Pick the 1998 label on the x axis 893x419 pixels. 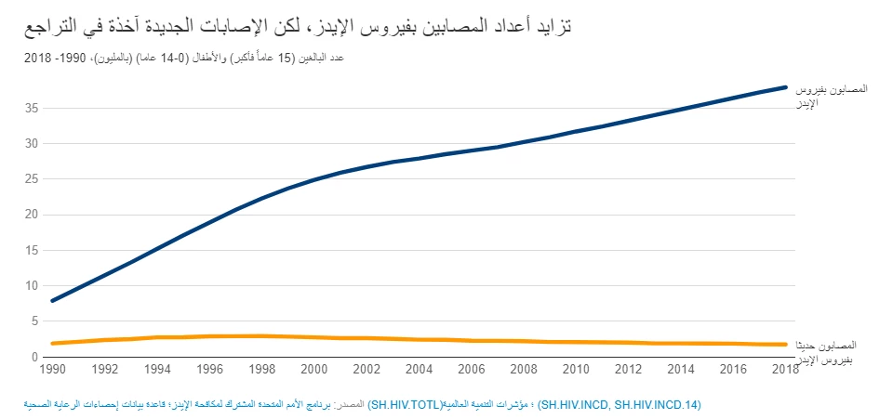coord(263,370)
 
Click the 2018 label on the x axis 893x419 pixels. coord(786,370)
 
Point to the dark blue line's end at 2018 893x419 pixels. coord(787,87)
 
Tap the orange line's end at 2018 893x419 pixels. coord(787,345)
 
